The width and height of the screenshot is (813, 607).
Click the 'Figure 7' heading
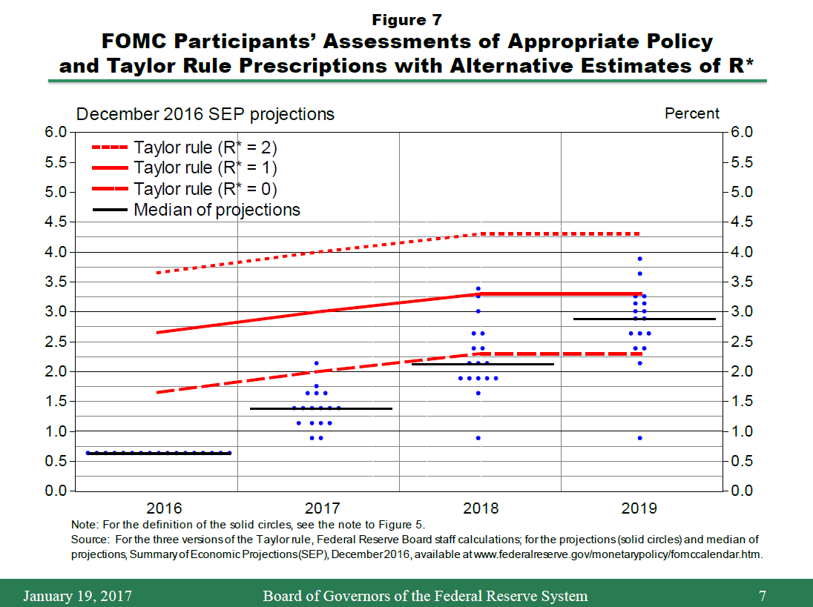406,19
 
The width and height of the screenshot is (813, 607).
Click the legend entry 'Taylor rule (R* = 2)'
205,147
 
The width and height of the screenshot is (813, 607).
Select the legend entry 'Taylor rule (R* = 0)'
205,188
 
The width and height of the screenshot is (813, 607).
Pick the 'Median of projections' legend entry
217,210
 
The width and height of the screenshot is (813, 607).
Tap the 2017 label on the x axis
323,508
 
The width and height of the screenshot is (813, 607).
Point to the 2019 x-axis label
639,508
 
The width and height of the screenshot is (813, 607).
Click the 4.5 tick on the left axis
58,222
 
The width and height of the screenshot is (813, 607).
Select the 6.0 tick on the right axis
743,133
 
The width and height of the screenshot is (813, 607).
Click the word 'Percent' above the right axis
691,113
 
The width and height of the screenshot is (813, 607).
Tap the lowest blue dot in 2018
478,438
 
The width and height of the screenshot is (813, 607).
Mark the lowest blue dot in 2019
639,438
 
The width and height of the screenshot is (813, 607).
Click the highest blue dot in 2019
639,259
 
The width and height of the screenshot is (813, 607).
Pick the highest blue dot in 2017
317,363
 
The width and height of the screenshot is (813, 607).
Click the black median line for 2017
320,408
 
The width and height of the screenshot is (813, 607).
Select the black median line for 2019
644,319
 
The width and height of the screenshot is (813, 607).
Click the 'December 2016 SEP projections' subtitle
205,114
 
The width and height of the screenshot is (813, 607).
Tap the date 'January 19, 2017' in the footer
78,596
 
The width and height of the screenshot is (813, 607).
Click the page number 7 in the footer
763,596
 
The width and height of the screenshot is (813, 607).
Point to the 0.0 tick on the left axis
58,491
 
